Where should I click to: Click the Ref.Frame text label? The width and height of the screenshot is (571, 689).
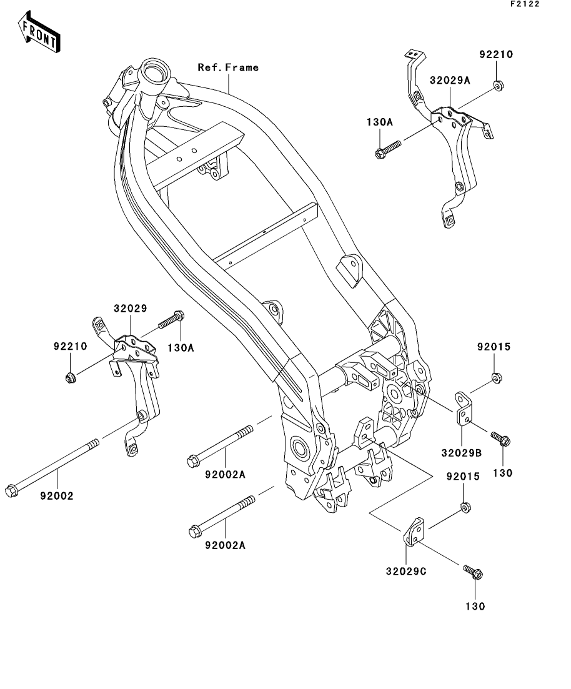click(x=228, y=67)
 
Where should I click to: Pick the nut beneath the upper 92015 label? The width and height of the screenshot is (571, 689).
click(x=497, y=377)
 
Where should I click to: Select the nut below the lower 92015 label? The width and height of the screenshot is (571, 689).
click(x=465, y=507)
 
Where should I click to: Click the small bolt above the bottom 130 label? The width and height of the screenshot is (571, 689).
click(x=474, y=571)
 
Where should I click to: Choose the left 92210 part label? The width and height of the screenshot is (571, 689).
click(x=70, y=346)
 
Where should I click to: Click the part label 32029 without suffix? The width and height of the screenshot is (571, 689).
click(x=130, y=309)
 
